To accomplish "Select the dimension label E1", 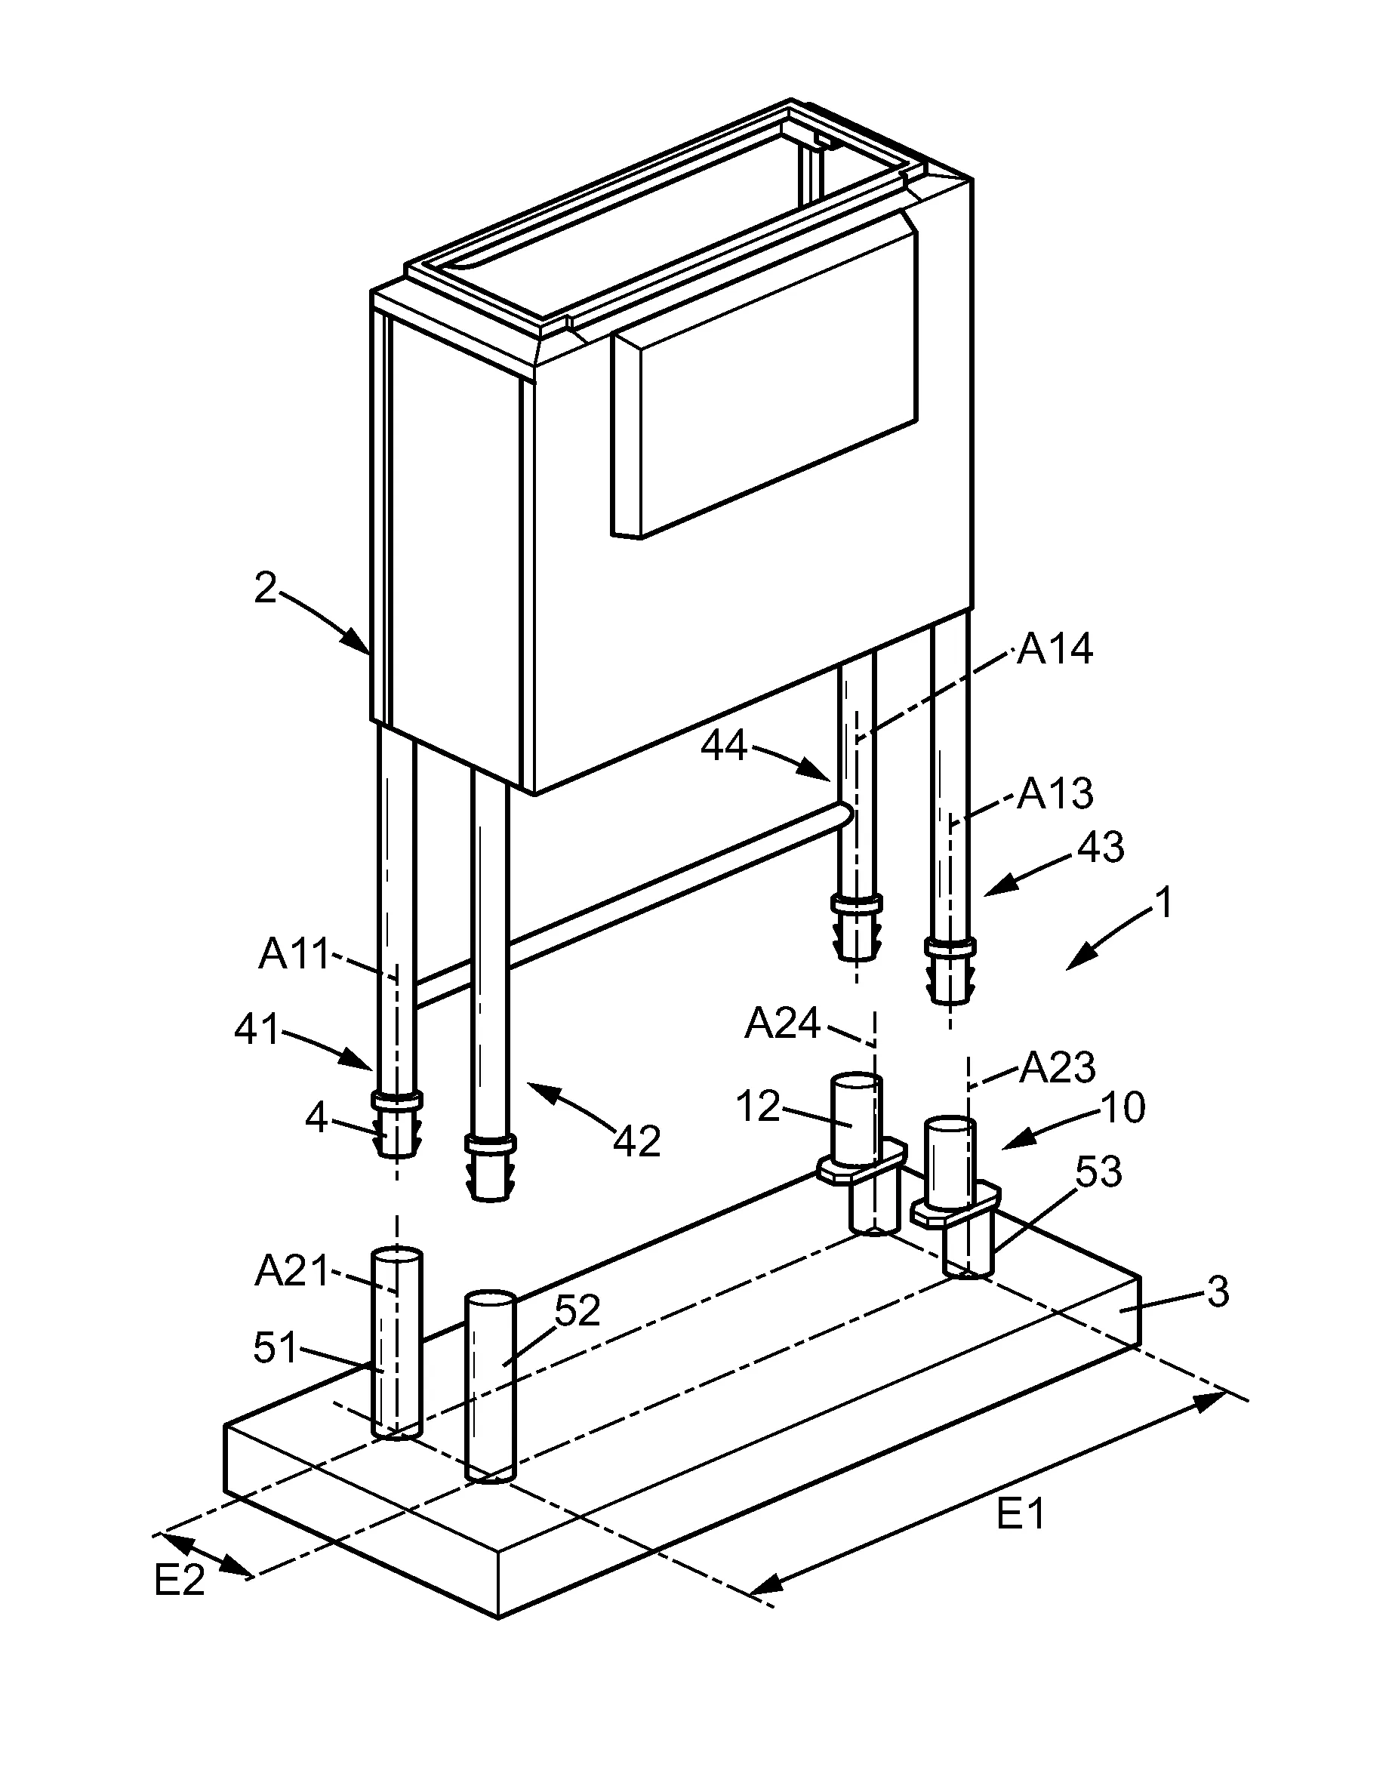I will [x=1021, y=1516].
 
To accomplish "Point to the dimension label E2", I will [x=179, y=1581].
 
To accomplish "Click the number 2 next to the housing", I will [x=266, y=589].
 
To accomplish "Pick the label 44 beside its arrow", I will [x=724, y=746].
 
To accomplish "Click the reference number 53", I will [x=1098, y=1172].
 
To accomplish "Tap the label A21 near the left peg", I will [x=291, y=1271].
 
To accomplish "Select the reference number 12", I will [x=758, y=1107].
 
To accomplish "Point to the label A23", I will [x=1057, y=1067].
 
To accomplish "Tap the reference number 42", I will [x=636, y=1141].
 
